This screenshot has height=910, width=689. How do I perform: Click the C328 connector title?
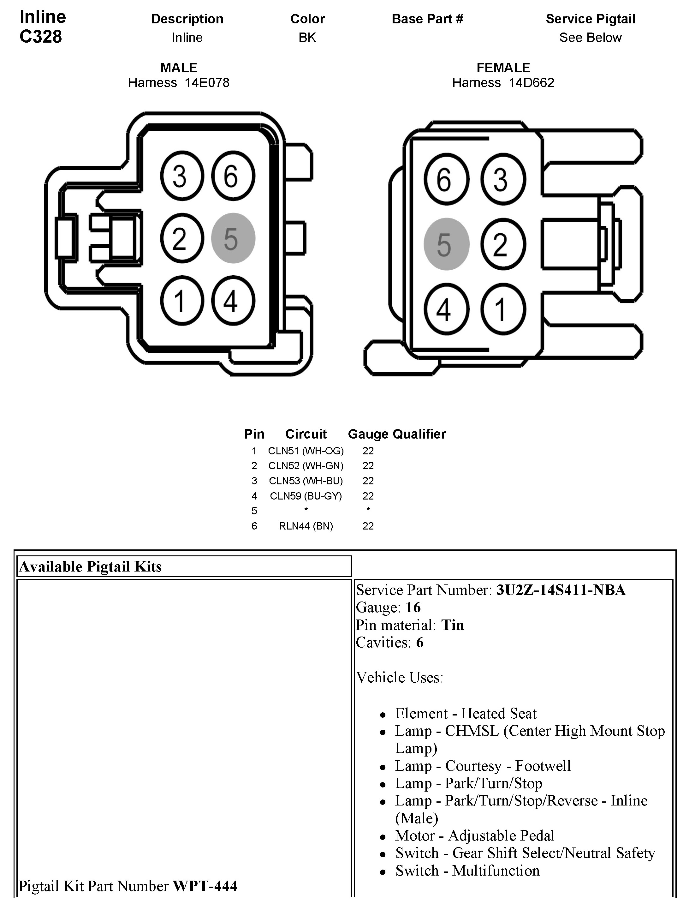pyautogui.click(x=41, y=36)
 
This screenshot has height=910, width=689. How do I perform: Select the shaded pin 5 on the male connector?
pyautogui.click(x=233, y=238)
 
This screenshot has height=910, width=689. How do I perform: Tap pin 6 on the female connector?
pyautogui.click(x=446, y=179)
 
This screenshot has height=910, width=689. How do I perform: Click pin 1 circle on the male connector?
pyautogui.click(x=182, y=300)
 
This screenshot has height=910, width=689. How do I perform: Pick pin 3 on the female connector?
pyautogui.click(x=503, y=179)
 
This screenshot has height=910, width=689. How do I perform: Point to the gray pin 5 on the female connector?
pyautogui.click(x=446, y=244)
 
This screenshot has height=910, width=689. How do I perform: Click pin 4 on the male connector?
pyautogui.click(x=233, y=300)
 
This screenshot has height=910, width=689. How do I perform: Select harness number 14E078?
pyautogui.click(x=207, y=83)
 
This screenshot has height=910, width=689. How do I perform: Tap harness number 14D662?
pyautogui.click(x=531, y=83)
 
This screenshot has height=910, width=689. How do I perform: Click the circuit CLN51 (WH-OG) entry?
pyautogui.click(x=306, y=451)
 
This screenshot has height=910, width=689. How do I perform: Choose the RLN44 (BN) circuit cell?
pyautogui.click(x=306, y=526)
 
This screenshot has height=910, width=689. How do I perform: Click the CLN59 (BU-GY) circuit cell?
pyautogui.click(x=306, y=496)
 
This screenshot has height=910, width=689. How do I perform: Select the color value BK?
pyautogui.click(x=307, y=38)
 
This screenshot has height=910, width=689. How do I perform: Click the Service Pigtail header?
pyautogui.click(x=590, y=19)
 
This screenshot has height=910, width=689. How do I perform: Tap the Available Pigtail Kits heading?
pyautogui.click(x=91, y=566)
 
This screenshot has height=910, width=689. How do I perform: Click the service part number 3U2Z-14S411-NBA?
pyautogui.click(x=560, y=590)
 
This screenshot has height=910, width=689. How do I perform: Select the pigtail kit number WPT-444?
pyautogui.click(x=205, y=886)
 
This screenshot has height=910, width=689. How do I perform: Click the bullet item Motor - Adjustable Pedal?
pyautogui.click(x=474, y=835)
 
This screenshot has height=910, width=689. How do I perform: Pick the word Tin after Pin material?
pyautogui.click(x=452, y=625)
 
